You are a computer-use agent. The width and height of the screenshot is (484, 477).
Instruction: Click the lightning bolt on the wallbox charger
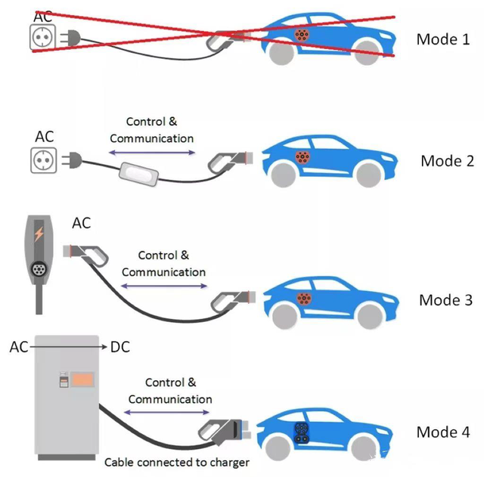click(39, 234)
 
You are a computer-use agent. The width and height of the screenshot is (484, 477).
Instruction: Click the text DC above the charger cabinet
click(119, 347)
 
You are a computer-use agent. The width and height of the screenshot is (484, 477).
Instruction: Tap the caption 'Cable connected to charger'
click(176, 461)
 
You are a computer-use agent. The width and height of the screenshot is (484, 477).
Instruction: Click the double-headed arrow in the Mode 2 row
click(151, 153)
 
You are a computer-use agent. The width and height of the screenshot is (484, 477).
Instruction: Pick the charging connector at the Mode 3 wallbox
click(87, 251)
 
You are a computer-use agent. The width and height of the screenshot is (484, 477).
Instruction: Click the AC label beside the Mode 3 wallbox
click(81, 223)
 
